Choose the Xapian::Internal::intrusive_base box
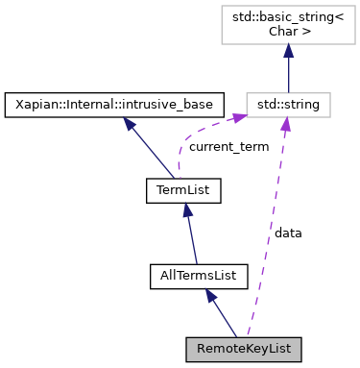click(115, 102)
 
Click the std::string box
click(289, 102)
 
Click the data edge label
click(288, 233)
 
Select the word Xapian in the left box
click(34, 102)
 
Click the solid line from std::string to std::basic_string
click(289, 75)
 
